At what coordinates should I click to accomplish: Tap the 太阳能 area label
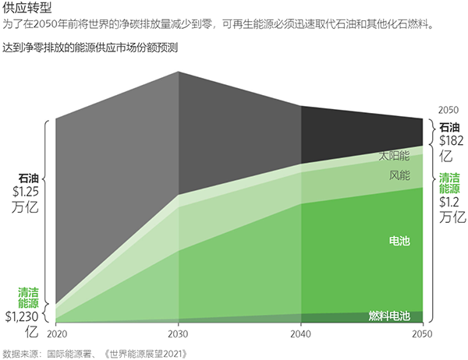[x=395, y=154]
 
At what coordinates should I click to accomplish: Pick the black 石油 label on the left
[x=28, y=177]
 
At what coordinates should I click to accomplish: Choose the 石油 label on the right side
[x=450, y=127]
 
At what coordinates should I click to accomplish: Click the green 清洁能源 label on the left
[x=28, y=298]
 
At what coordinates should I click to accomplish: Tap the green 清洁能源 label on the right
[x=450, y=182]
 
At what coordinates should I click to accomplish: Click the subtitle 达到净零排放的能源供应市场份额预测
[x=90, y=48]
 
